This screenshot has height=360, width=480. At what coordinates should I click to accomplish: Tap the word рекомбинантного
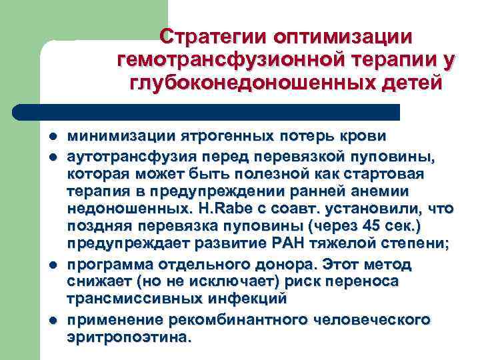click(227, 320)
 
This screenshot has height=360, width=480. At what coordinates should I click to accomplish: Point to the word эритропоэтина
click(128, 337)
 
